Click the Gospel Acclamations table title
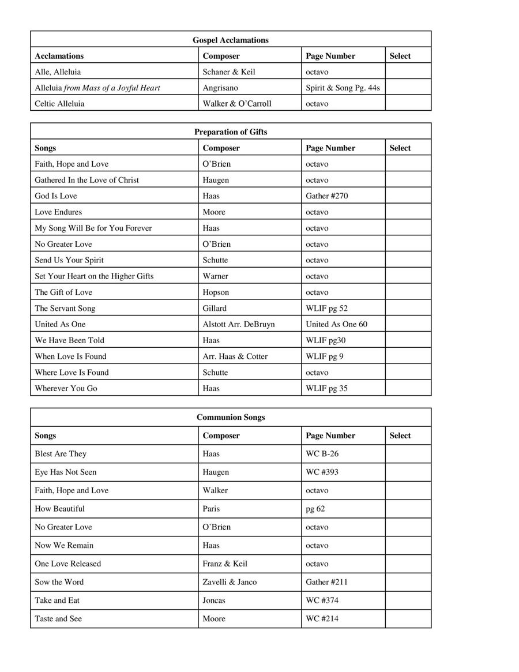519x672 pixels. pos(231,40)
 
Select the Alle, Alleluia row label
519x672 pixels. pos(58,72)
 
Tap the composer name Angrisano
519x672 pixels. pos(220,88)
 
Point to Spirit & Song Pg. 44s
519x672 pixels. pos(343,88)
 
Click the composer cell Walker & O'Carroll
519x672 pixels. pos(237,104)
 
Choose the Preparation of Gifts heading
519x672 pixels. pos(231,132)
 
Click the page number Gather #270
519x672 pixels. pos(327,196)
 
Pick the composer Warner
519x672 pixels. pos(216,276)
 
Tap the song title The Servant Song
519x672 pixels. pos(65,308)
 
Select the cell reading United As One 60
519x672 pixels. pos(336,324)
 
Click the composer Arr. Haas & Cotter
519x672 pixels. pos(235,356)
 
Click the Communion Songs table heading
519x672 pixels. pos(231,417)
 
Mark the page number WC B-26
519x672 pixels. pos(322,454)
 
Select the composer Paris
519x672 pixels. pos(212,509)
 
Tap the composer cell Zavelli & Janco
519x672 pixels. pos(230,582)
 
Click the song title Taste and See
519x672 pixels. pos(58,619)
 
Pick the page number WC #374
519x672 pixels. pos(322,600)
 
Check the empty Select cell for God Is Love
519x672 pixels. pos(408,196)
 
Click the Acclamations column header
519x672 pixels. pos(59,56)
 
